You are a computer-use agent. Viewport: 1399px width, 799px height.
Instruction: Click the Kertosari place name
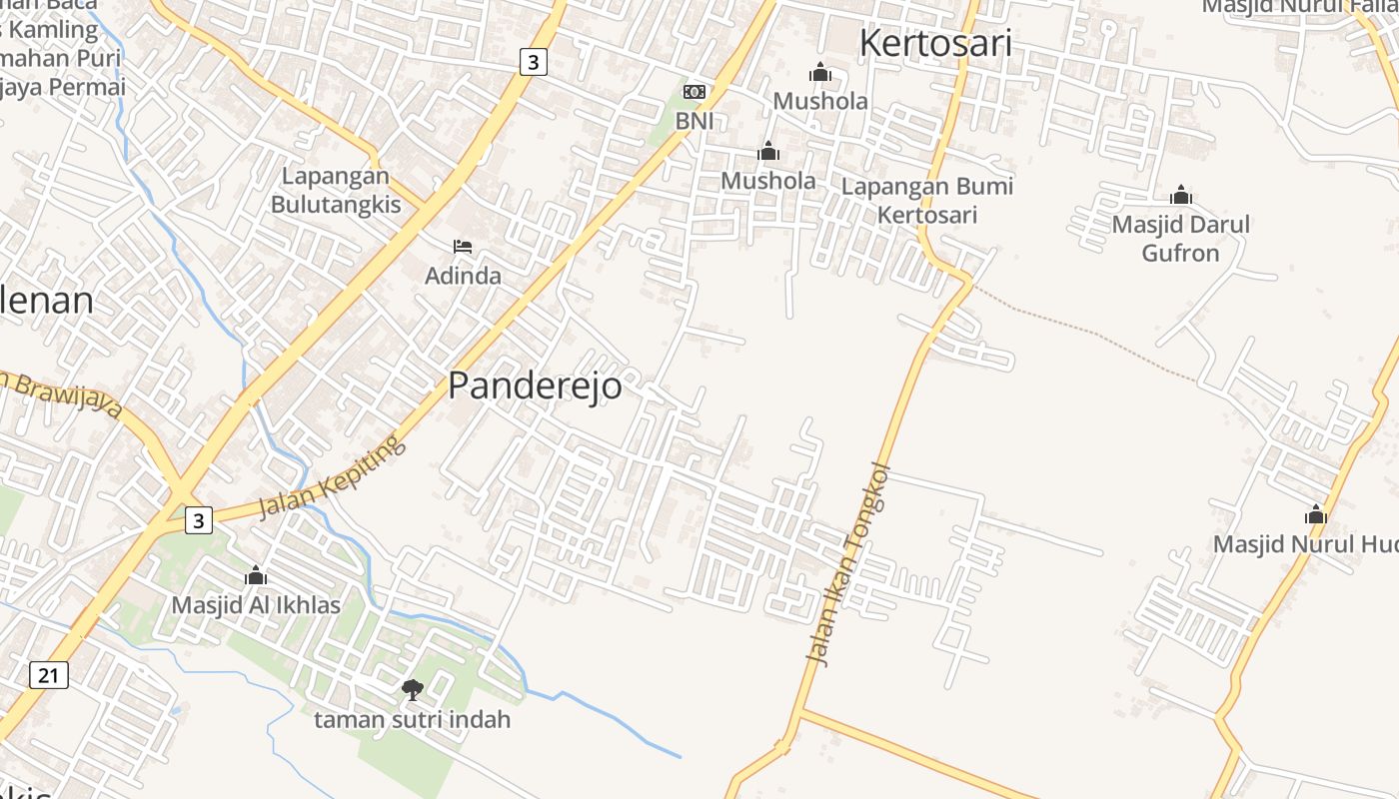(x=935, y=43)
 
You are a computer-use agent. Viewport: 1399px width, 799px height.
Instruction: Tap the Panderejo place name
(x=535, y=386)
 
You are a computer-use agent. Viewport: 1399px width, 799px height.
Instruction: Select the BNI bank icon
(x=694, y=92)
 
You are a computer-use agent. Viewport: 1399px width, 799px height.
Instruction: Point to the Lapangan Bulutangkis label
(x=336, y=191)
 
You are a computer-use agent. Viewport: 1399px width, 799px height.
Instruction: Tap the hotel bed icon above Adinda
(x=463, y=246)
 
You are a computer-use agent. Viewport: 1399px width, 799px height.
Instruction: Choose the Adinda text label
(x=463, y=276)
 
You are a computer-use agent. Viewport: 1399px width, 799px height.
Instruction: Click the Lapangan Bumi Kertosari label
(x=927, y=200)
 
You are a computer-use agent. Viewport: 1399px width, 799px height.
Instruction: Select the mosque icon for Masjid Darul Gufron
(x=1181, y=195)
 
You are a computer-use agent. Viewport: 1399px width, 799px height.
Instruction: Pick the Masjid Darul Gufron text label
(x=1181, y=239)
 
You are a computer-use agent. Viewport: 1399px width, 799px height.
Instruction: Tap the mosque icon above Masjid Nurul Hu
(x=1316, y=515)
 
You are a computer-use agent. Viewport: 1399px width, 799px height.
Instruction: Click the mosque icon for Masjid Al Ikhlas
(x=256, y=575)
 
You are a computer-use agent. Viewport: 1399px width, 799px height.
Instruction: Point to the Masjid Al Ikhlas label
(x=256, y=605)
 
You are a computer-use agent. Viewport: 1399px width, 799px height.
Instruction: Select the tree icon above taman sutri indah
(x=412, y=689)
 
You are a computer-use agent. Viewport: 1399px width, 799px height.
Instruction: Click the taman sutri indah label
(x=412, y=719)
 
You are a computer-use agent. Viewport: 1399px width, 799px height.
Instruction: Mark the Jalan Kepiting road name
(x=334, y=476)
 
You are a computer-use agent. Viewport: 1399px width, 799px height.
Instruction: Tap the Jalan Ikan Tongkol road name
(x=848, y=563)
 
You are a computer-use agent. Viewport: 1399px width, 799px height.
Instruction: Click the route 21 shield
(x=48, y=675)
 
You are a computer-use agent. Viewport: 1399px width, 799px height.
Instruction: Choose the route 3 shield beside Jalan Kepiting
(x=200, y=520)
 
